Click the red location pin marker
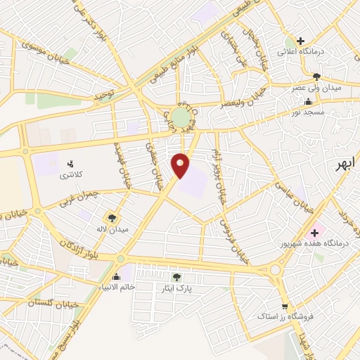pyautogui.click(x=181, y=165)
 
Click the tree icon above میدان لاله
pyautogui.click(x=112, y=217)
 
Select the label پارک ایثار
pyautogui.click(x=176, y=288)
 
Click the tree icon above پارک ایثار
pyautogui.click(x=176, y=277)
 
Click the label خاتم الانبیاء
pyautogui.click(x=115, y=288)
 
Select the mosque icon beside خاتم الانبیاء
pyautogui.click(x=116, y=276)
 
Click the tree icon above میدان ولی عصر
pyautogui.click(x=316, y=77)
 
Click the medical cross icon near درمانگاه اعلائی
pyautogui.click(x=301, y=41)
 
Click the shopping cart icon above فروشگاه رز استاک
pyautogui.click(x=285, y=307)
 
